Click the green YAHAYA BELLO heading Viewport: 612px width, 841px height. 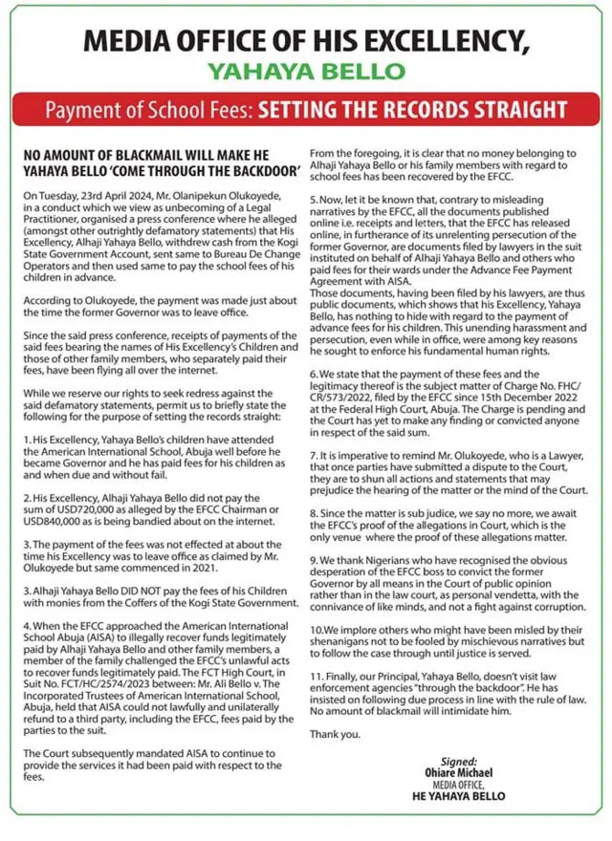[x=305, y=71]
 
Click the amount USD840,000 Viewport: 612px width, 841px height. [x=57, y=523]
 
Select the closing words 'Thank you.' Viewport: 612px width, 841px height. [x=335, y=734]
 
